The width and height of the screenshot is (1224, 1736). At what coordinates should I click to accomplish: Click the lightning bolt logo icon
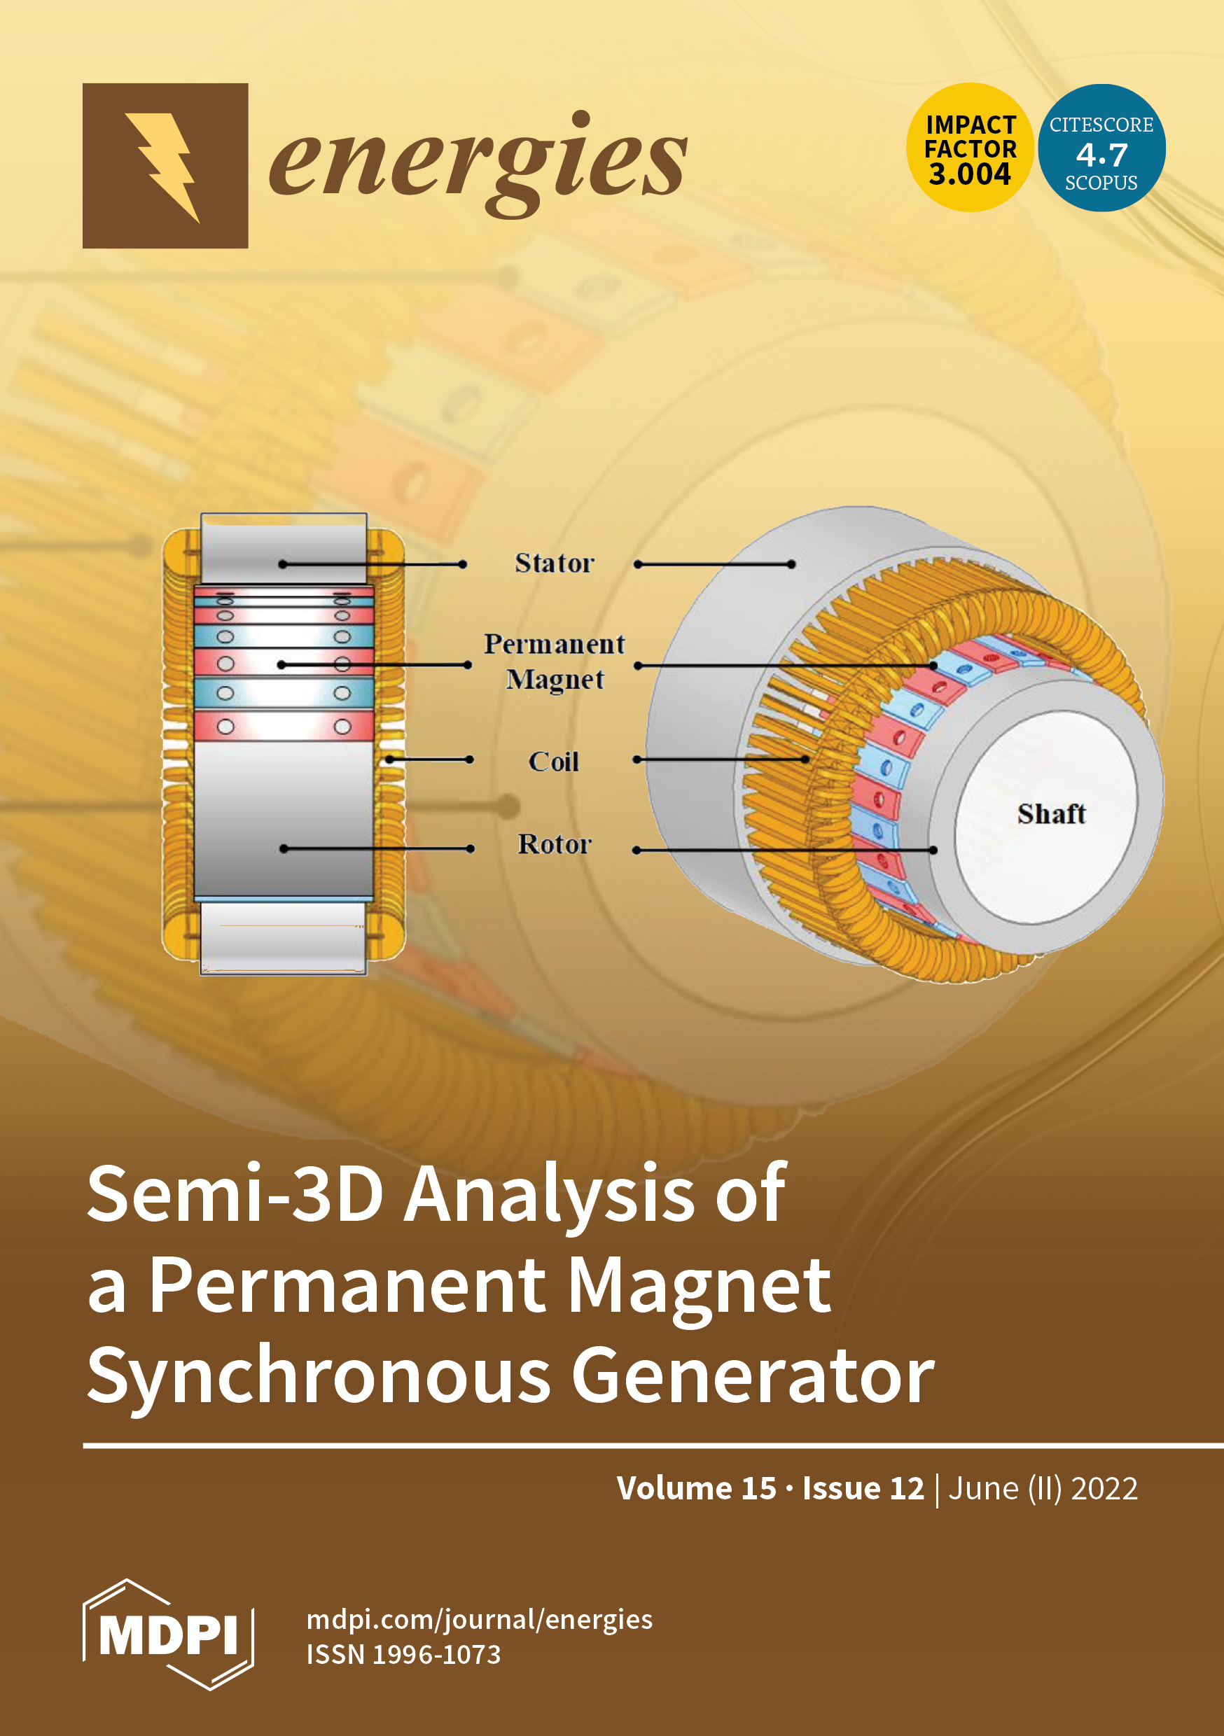pos(165,166)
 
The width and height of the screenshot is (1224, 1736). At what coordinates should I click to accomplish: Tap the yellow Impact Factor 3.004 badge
pos(970,148)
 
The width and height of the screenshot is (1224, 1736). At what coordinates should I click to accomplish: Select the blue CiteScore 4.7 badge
pos(1101,148)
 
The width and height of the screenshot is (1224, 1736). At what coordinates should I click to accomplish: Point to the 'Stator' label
pos(554,563)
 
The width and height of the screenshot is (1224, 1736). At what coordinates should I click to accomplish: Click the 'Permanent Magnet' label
pos(554,661)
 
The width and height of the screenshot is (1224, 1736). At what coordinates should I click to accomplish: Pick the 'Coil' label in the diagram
pos(554,762)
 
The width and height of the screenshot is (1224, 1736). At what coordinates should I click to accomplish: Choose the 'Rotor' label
pos(554,843)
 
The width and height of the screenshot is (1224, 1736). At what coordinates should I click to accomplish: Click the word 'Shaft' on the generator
pos(1051,813)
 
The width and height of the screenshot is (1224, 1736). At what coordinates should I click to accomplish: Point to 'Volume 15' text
pos(696,1488)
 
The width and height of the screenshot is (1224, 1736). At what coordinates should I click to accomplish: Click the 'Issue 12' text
pos(863,1488)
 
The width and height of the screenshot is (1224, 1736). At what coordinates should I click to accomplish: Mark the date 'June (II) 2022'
pos(1043,1488)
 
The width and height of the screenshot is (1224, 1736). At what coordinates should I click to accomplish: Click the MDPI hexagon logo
pos(168,1634)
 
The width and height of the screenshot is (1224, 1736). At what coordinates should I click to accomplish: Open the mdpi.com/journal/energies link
pos(479,1619)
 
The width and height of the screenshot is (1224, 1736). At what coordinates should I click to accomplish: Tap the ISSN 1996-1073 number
pos(403,1654)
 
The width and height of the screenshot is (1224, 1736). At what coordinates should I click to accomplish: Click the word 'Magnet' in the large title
pos(699,1285)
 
